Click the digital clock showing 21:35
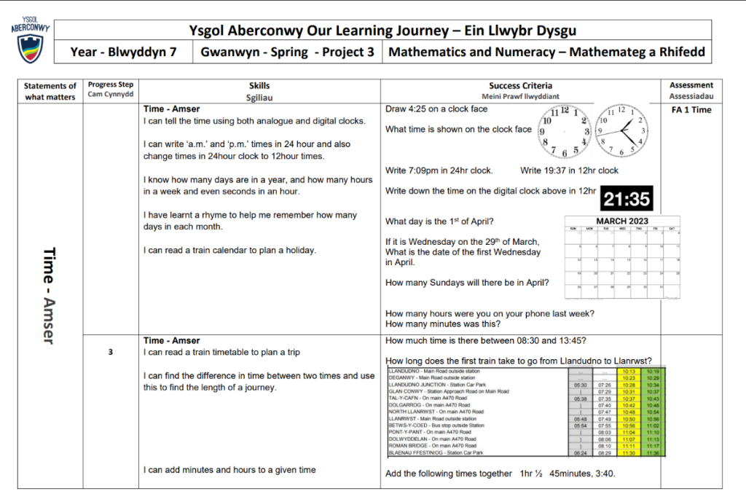(x=626, y=198)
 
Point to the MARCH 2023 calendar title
(x=622, y=221)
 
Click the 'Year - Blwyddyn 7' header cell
(x=123, y=52)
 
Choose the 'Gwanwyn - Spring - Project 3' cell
(x=287, y=52)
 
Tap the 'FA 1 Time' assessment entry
(x=691, y=110)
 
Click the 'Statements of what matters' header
(x=50, y=91)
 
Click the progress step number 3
(x=111, y=353)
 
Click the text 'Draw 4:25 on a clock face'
(x=436, y=109)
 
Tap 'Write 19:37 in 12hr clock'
(x=569, y=170)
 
